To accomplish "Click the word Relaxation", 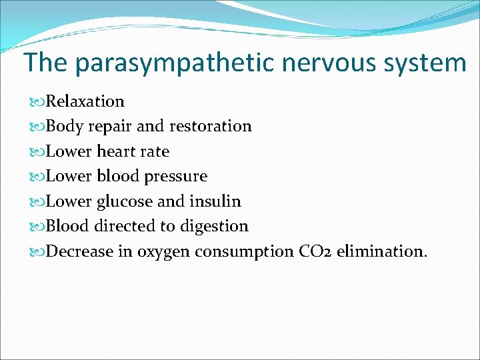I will tap(85, 101).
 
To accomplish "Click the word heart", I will tap(116, 151).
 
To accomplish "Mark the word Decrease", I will tap(78, 251).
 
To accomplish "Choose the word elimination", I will tap(381, 251).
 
